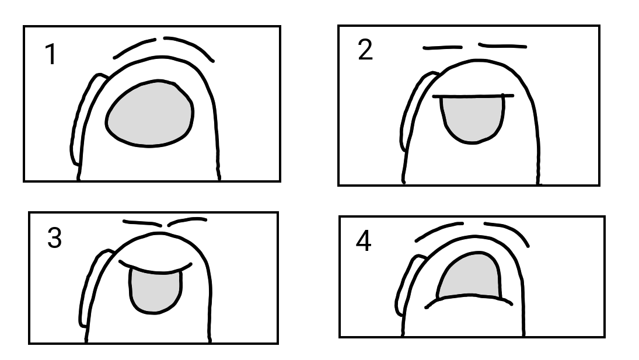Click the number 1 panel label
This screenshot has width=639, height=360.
click(51, 55)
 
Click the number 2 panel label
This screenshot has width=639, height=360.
click(365, 51)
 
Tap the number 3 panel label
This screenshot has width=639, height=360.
click(54, 239)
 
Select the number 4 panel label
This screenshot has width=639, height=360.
click(364, 242)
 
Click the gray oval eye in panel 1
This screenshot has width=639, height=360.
click(149, 114)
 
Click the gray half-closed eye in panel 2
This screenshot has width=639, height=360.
click(473, 118)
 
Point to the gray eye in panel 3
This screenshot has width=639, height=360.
click(155, 290)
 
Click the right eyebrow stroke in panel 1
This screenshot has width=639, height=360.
click(190, 46)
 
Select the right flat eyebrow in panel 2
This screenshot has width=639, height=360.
click(502, 46)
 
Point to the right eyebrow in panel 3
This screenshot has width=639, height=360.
click(187, 221)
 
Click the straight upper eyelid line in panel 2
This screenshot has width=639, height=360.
click(473, 96)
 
